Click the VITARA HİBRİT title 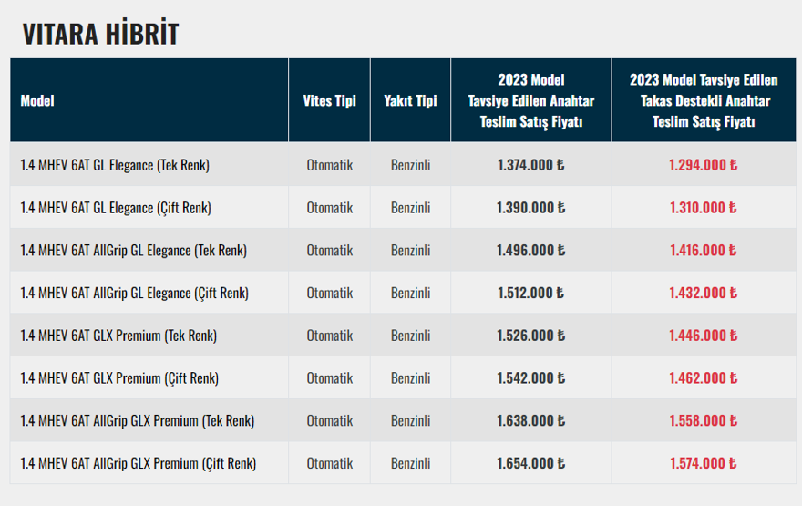[100, 34]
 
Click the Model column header [37, 100]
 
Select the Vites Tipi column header [329, 100]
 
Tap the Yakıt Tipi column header [410, 100]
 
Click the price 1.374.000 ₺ [530, 165]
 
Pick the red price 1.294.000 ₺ [703, 165]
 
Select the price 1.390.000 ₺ [530, 208]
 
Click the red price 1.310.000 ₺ [703, 208]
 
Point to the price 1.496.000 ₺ [530, 251]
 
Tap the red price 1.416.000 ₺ [703, 251]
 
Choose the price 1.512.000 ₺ [530, 293]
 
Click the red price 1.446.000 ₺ [703, 336]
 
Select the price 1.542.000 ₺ [530, 378]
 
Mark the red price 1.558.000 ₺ [703, 421]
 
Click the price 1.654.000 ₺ [530, 463]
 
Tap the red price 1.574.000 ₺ [703, 463]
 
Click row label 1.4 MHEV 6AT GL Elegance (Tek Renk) [115, 165]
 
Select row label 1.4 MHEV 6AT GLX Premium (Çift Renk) [119, 378]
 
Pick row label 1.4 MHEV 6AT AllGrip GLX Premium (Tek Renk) [138, 421]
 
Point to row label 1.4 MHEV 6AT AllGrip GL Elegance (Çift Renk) [135, 293]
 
